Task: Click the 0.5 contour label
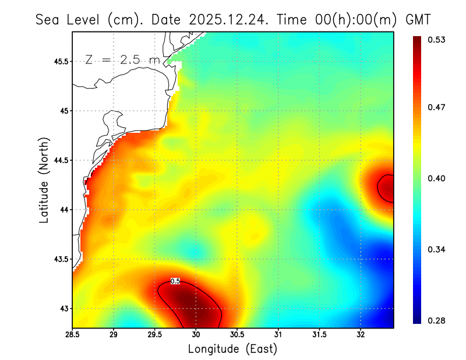click(x=175, y=281)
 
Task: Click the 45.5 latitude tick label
click(x=59, y=61)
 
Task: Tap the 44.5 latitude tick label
click(x=59, y=160)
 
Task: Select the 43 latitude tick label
click(x=63, y=309)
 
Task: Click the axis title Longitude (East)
click(x=232, y=349)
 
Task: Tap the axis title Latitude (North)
click(x=44, y=179)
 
